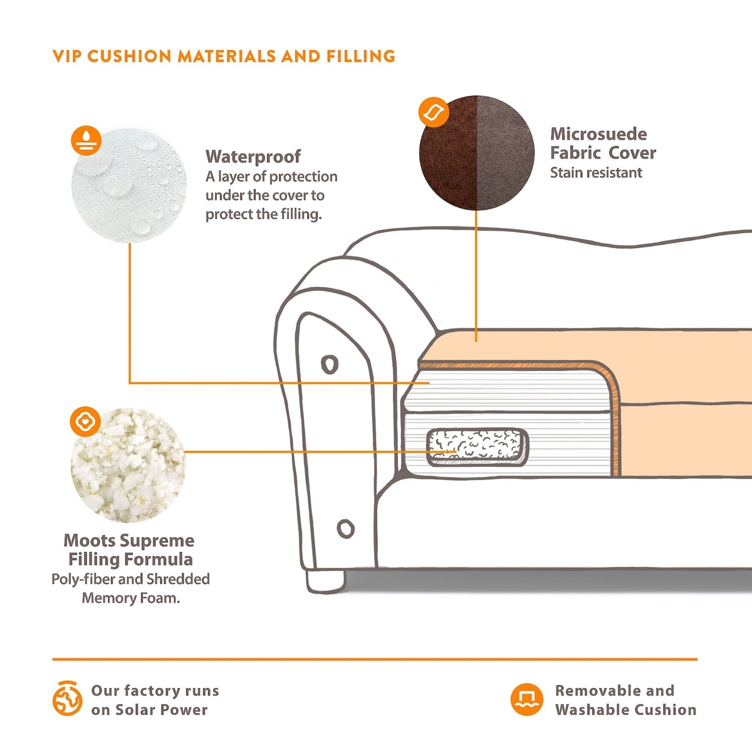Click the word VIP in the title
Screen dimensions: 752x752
click(67, 56)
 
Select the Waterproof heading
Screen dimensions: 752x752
click(253, 156)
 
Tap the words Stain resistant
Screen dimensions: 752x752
click(596, 173)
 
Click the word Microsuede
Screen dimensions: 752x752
click(598, 134)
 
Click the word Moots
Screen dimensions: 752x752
click(89, 540)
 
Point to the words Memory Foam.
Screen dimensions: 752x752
click(130, 598)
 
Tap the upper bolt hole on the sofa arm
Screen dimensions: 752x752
click(330, 363)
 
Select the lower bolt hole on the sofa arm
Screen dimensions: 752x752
click(345, 529)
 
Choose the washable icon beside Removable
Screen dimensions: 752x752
click(526, 699)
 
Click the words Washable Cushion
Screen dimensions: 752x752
click(625, 710)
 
